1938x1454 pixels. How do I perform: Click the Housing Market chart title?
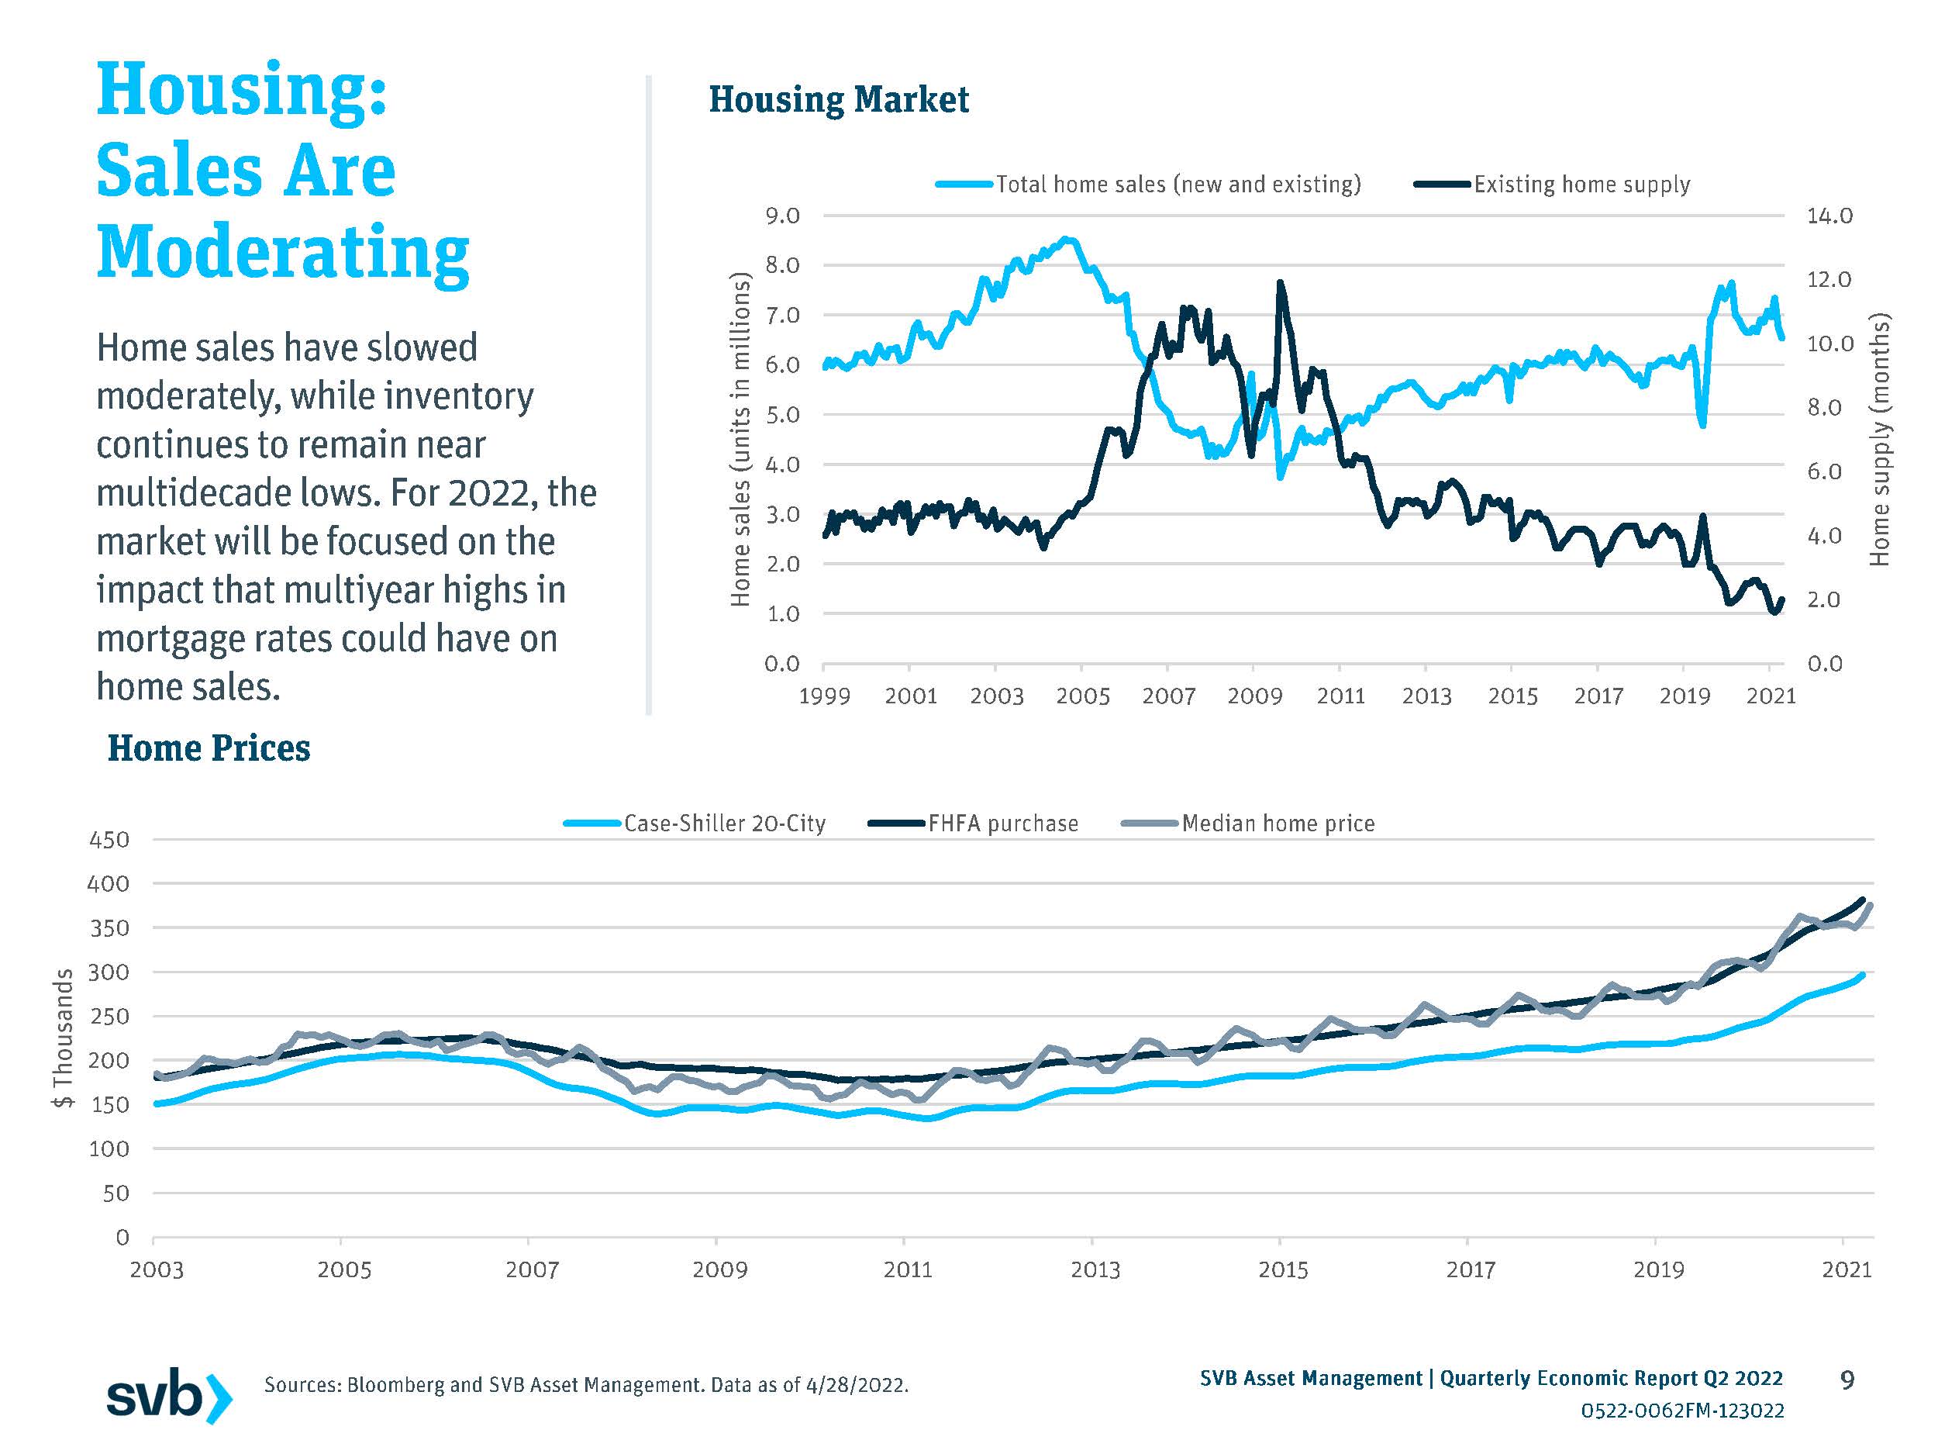point(839,100)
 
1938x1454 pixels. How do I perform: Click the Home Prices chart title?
point(209,748)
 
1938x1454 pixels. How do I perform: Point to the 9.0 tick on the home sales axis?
point(781,216)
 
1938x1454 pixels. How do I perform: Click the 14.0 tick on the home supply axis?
point(1829,216)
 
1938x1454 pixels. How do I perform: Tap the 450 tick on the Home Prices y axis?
point(109,840)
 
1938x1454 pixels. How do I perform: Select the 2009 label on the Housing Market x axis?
point(1253,697)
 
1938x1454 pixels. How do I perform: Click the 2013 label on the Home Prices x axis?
point(1095,1270)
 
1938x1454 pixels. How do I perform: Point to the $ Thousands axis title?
point(63,1038)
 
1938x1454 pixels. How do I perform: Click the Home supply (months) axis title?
point(1880,440)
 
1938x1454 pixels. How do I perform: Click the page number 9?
point(1847,1380)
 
